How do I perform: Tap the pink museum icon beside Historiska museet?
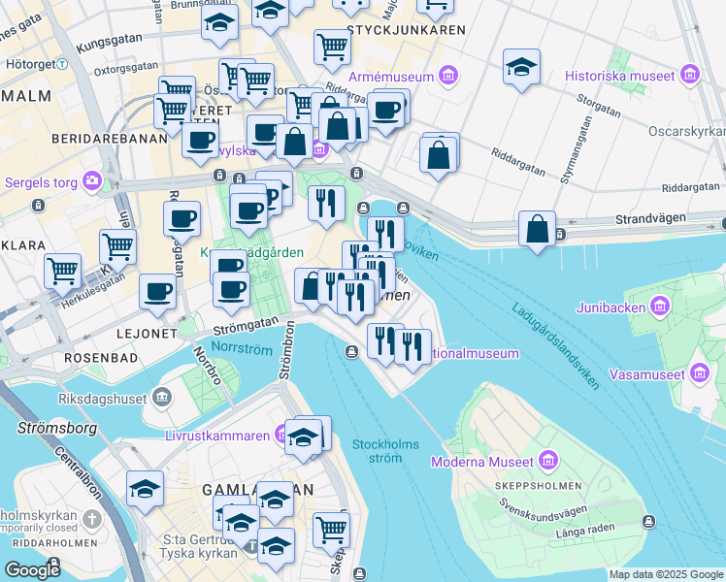690,74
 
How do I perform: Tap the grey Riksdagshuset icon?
161,398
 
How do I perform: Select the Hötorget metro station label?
28,64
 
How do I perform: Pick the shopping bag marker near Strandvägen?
537,230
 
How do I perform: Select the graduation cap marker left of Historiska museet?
521,68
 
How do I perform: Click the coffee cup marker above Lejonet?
157,292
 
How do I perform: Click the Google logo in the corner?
32,570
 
